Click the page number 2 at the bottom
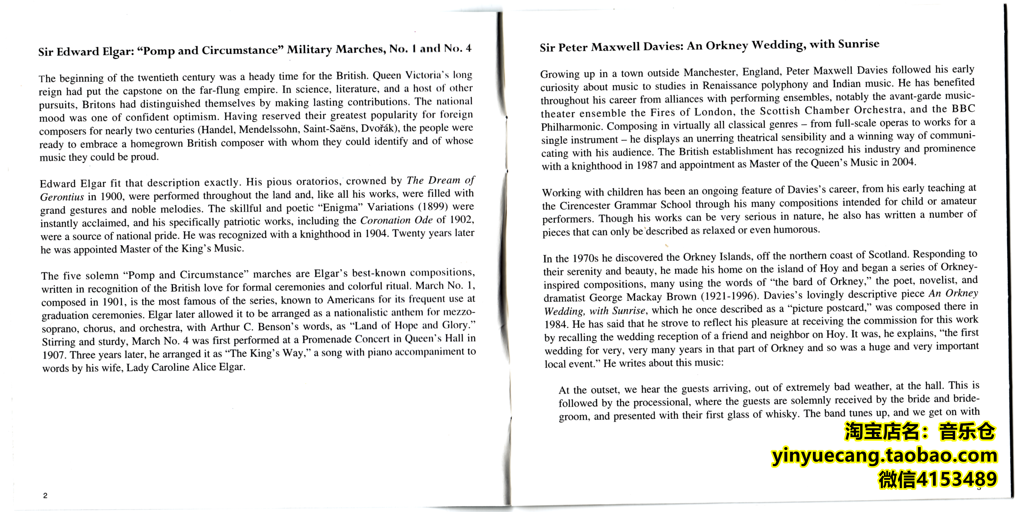click(45, 495)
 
